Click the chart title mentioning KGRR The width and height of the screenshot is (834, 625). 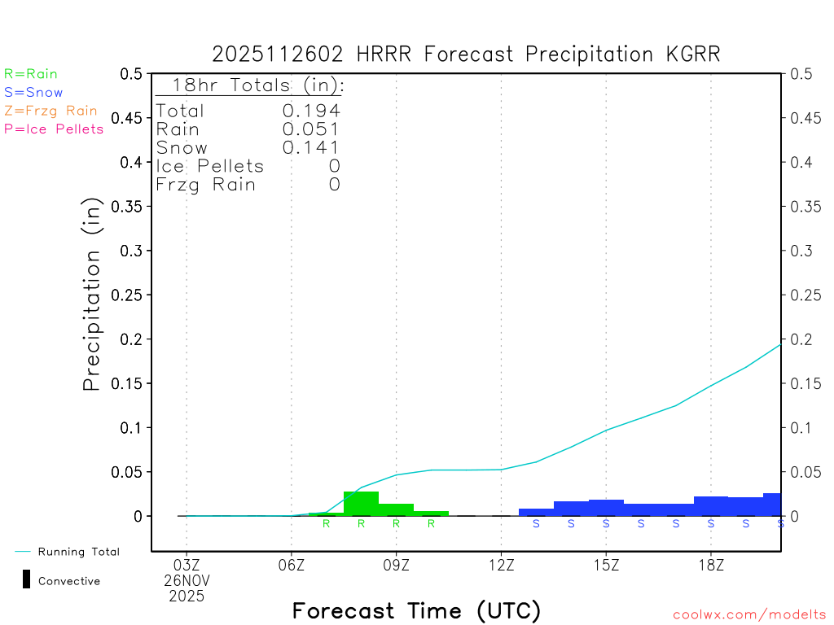pos(466,55)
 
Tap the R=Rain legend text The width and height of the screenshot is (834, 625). pos(31,74)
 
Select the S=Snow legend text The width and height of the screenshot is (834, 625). pos(33,93)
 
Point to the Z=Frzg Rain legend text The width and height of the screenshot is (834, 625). pos(50,111)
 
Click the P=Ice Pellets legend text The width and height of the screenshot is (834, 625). pos(54,129)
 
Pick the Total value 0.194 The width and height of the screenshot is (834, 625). pos(311,111)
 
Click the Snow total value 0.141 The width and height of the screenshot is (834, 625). pos(311,147)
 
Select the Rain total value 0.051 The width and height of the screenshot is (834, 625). pos(311,129)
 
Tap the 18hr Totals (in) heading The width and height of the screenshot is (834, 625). pos(249,85)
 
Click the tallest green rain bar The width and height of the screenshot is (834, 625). pos(361,503)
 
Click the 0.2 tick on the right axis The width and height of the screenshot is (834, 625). pos(799,339)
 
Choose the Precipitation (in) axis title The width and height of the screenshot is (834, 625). pos(92,295)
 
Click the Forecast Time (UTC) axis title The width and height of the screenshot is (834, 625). pos(416,610)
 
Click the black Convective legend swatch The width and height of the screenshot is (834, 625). pos(26,579)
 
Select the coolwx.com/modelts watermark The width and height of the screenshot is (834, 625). pos(749,615)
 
